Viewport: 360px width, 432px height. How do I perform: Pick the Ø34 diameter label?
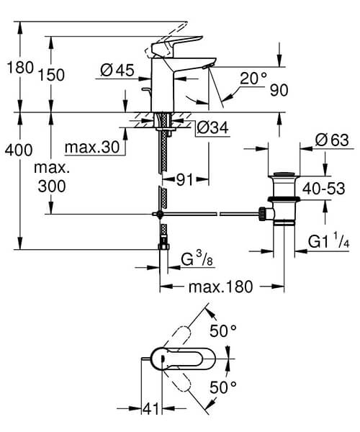tap(212, 127)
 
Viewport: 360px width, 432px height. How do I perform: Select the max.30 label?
tap(91, 148)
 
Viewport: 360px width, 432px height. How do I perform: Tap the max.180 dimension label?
tap(220, 287)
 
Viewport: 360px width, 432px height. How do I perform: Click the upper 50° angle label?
tap(222, 330)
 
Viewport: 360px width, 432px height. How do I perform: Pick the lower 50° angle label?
tap(222, 387)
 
